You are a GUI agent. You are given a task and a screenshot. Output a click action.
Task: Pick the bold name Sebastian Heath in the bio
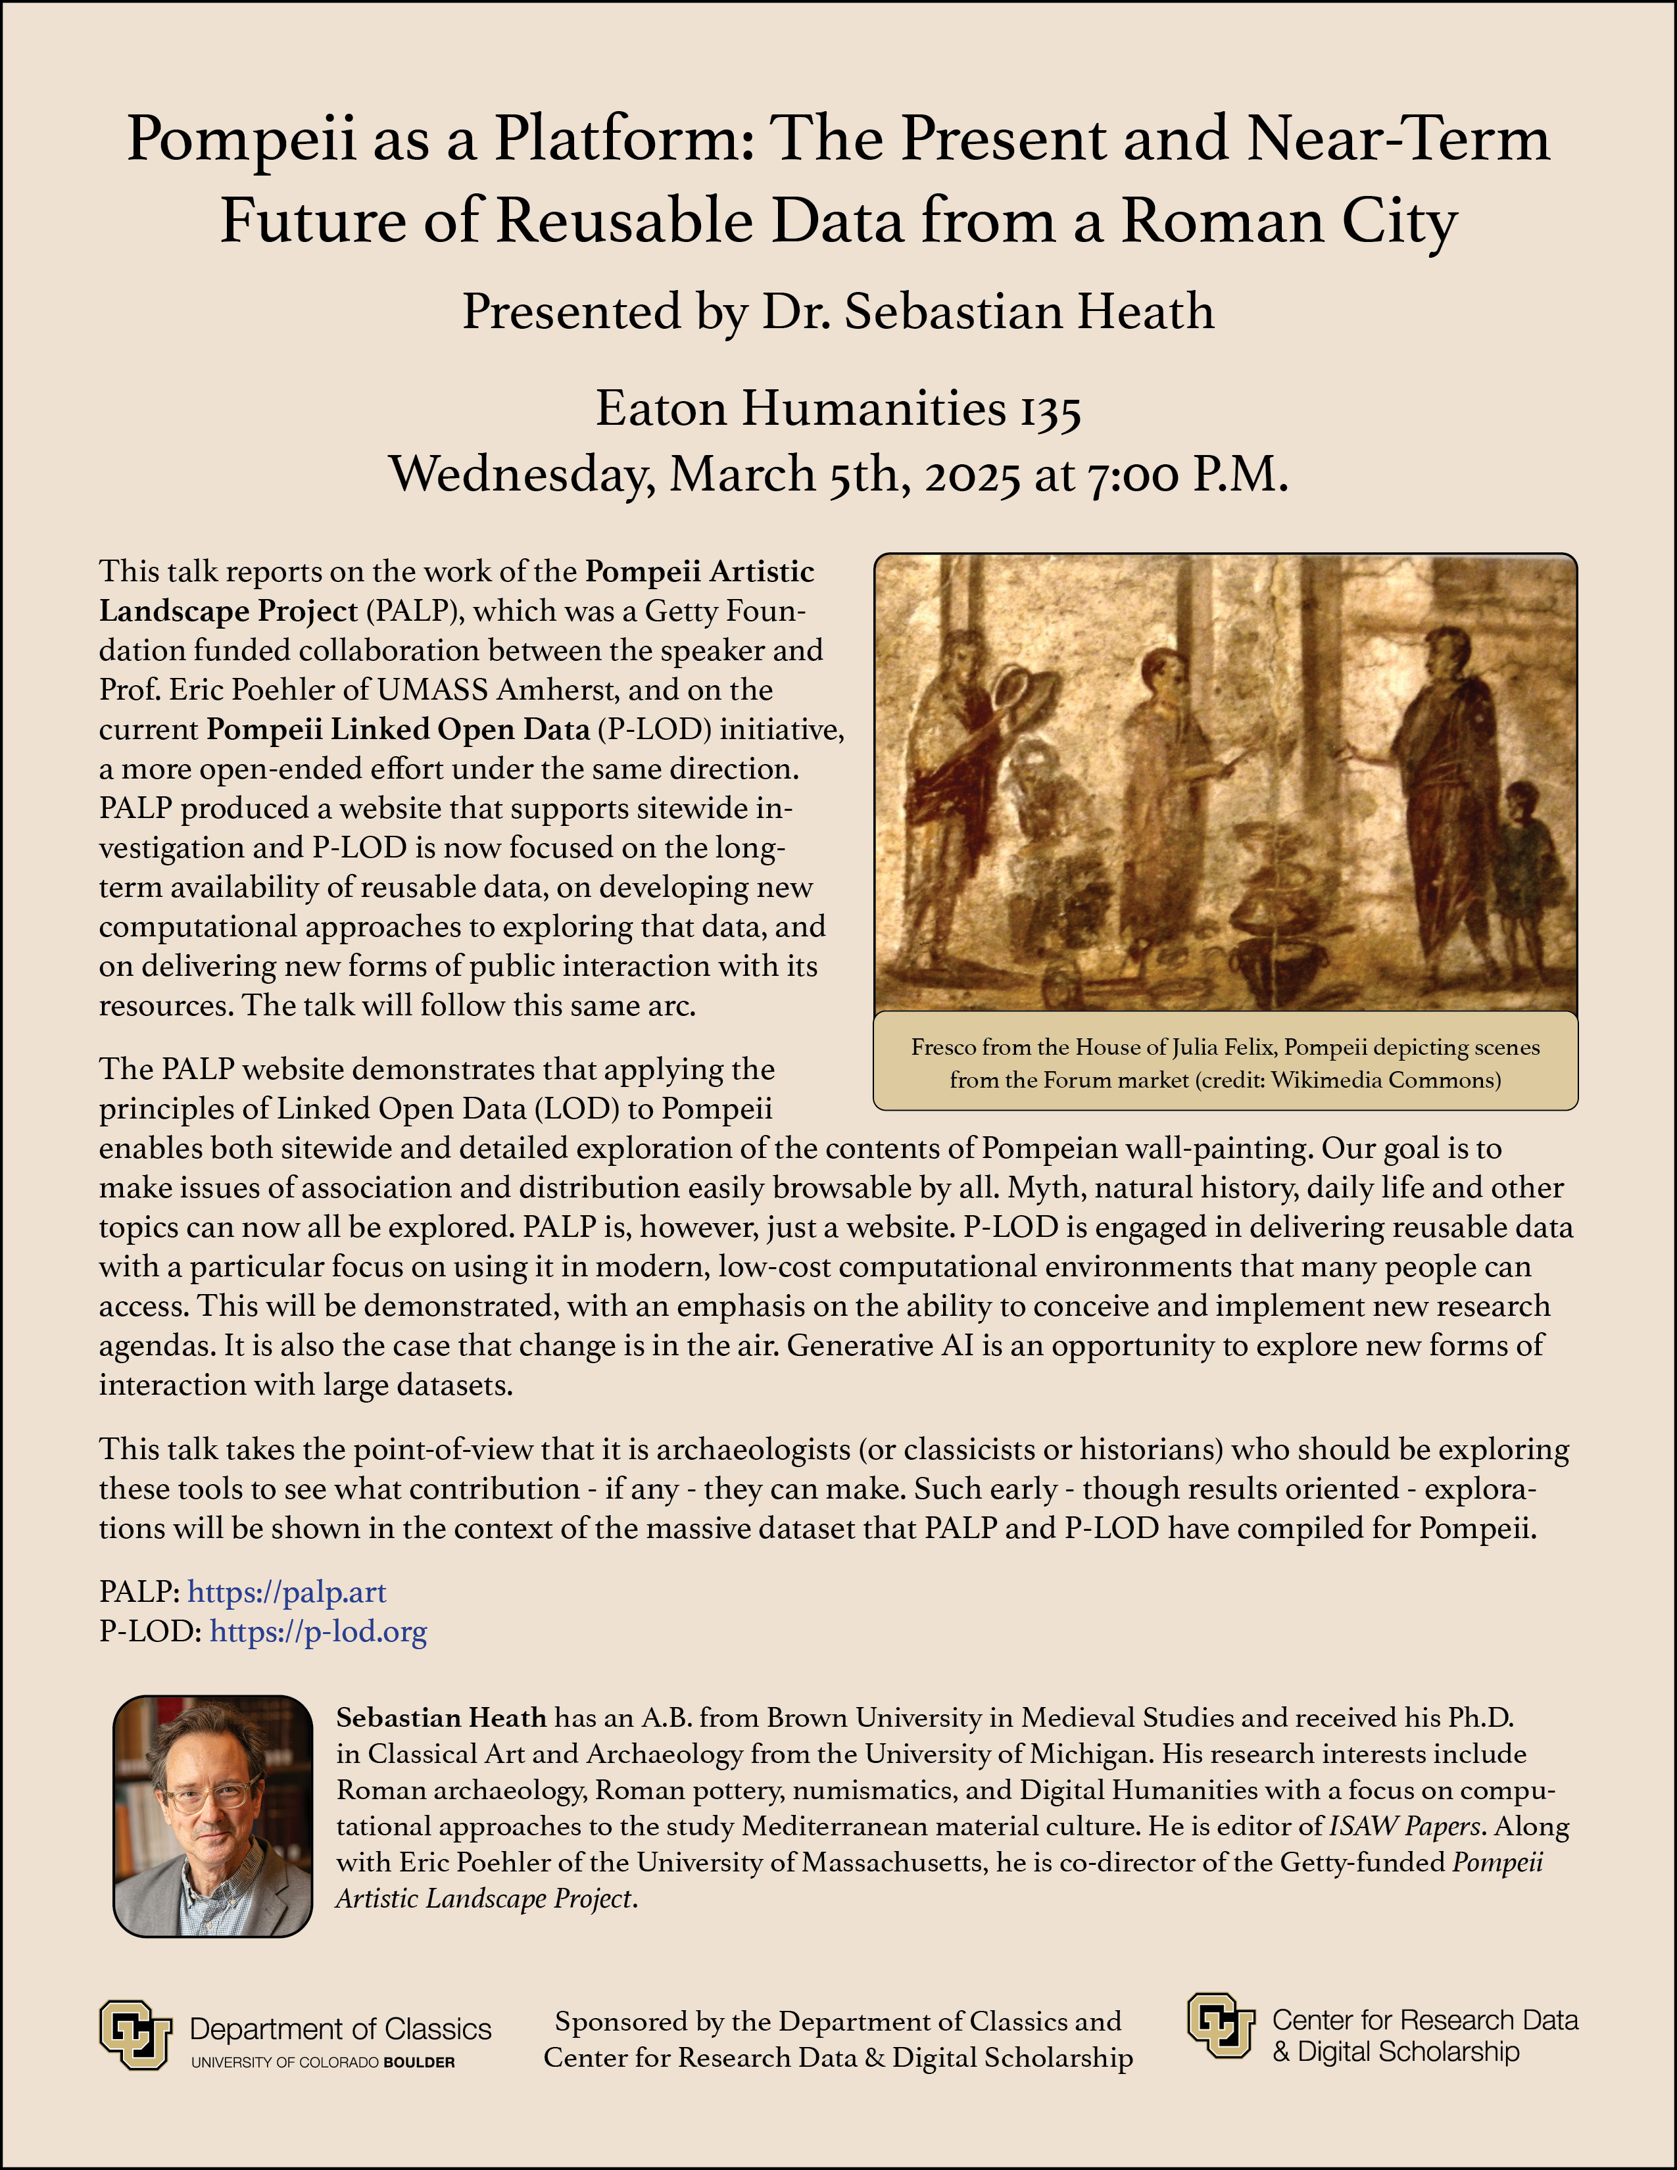click(441, 1718)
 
